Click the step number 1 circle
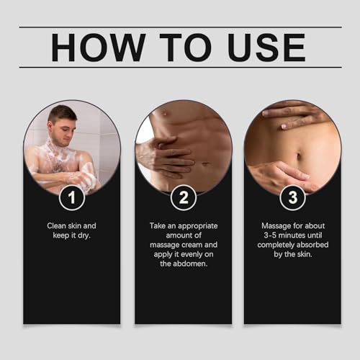click(71, 196)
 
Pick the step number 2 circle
click(183, 196)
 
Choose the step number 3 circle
click(292, 196)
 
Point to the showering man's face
click(63, 123)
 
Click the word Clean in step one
click(58, 225)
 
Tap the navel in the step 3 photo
click(298, 156)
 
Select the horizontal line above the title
click(180, 27)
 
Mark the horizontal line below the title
click(180, 67)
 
